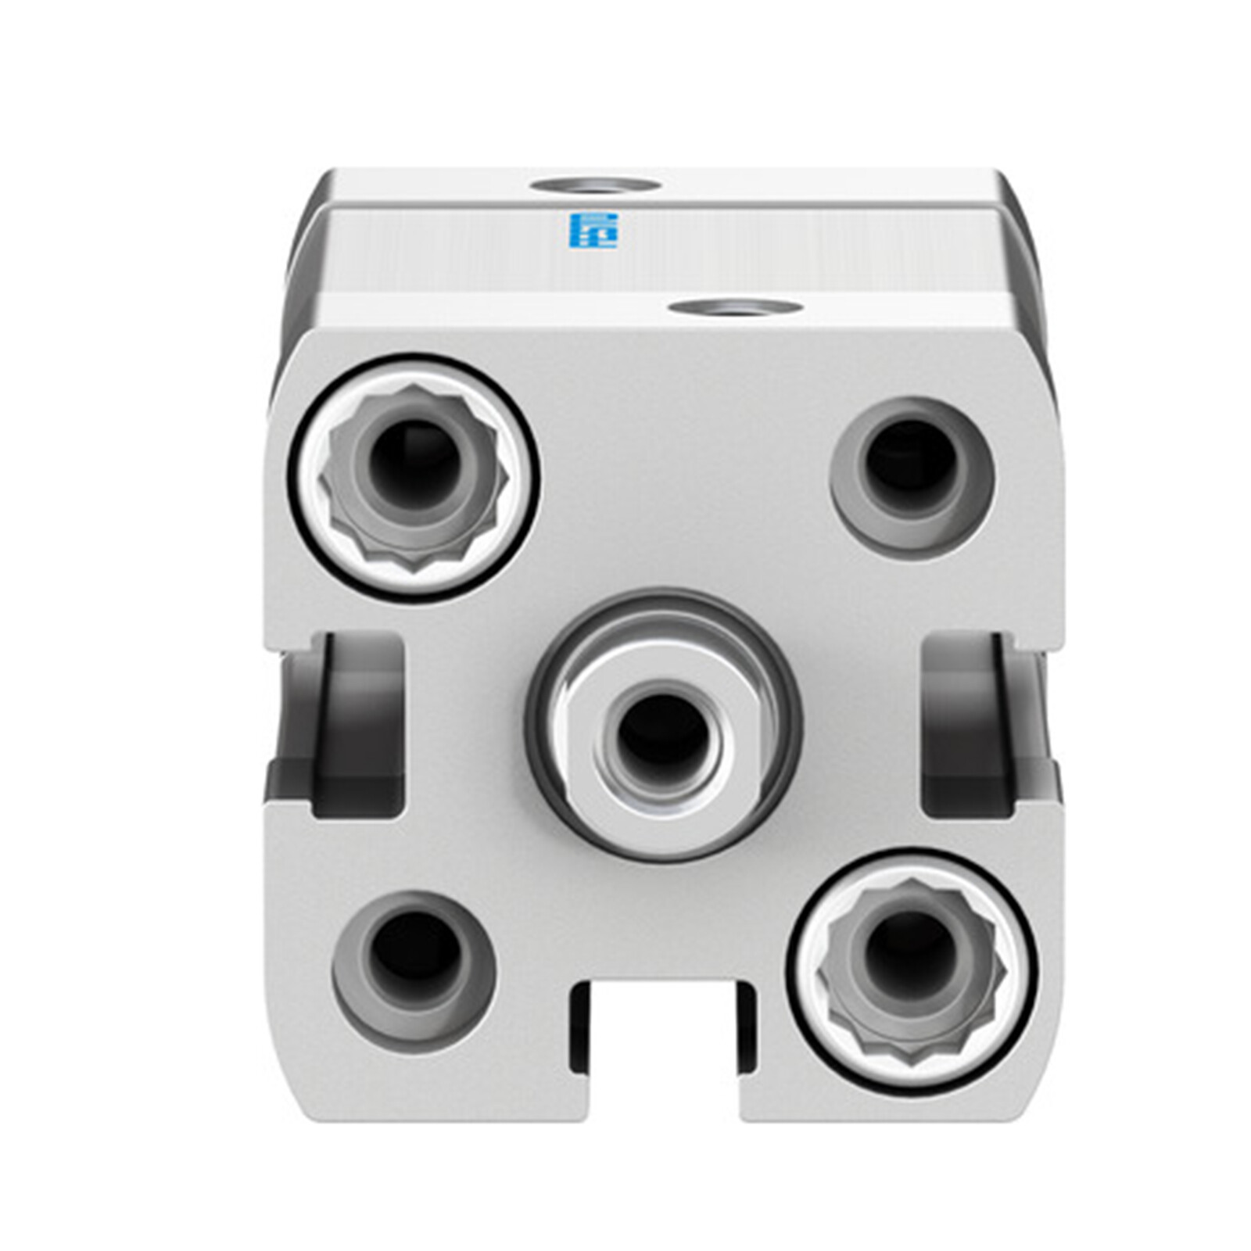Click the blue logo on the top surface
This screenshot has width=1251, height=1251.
click(x=593, y=230)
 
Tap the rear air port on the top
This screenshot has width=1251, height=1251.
click(x=594, y=185)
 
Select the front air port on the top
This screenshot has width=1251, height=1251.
click(x=735, y=307)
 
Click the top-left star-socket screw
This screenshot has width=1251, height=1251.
click(x=415, y=478)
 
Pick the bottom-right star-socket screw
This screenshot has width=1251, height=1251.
click(x=911, y=969)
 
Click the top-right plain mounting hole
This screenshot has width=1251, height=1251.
click(x=912, y=478)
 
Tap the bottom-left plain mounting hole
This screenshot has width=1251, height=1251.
click(x=414, y=970)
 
